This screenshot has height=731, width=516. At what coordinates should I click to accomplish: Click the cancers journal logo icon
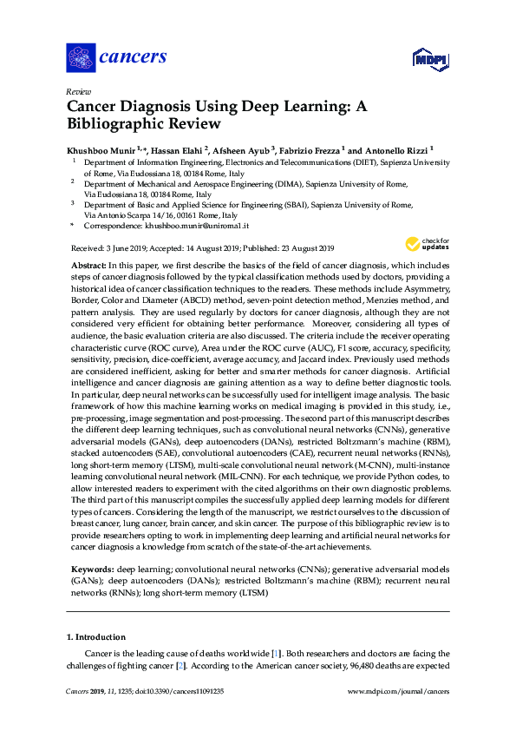(x=80, y=58)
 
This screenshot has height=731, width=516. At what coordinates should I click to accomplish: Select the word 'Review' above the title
(x=79, y=91)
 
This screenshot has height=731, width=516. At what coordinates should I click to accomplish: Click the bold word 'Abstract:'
(x=87, y=263)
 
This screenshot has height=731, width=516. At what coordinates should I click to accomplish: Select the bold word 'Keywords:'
(x=90, y=568)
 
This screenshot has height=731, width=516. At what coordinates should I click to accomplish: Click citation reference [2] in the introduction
(x=181, y=666)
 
